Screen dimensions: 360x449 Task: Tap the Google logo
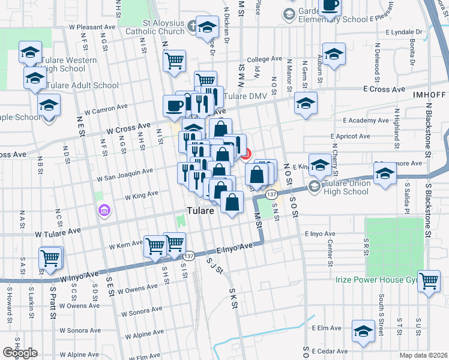click(20, 353)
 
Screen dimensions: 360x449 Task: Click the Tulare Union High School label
click(345, 187)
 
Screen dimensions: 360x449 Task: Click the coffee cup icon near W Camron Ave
click(175, 106)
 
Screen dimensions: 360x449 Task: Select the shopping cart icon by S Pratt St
click(50, 259)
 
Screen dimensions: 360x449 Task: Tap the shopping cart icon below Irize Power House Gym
click(429, 281)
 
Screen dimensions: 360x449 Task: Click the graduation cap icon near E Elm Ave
click(363, 332)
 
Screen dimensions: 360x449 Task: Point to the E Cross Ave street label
click(384, 88)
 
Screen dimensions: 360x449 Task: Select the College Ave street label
click(264, 59)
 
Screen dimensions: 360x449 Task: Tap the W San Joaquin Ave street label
click(125, 174)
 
